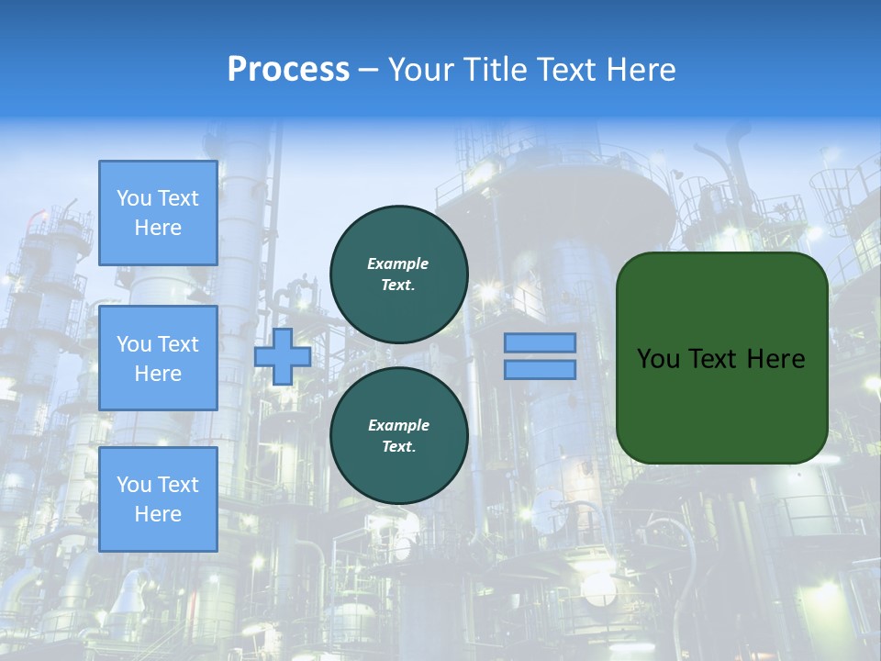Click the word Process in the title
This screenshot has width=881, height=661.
(x=288, y=70)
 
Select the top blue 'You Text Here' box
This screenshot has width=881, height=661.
(x=158, y=213)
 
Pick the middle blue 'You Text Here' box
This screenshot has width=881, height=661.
(x=158, y=358)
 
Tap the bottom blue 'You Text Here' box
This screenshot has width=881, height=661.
(x=158, y=499)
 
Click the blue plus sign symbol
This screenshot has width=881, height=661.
(x=283, y=356)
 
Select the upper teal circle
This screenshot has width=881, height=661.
(x=398, y=274)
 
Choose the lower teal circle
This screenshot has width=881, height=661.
(x=398, y=436)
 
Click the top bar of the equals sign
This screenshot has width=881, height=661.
(x=540, y=342)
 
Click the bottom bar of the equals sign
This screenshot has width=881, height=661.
(x=540, y=370)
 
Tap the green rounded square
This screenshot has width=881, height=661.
(x=721, y=358)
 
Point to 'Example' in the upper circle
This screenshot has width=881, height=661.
(x=398, y=263)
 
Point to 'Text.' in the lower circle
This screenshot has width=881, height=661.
(x=398, y=447)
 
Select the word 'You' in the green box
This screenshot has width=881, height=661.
(x=658, y=359)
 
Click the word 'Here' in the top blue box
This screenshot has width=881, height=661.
(x=158, y=228)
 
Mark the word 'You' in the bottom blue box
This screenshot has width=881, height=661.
(x=134, y=485)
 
